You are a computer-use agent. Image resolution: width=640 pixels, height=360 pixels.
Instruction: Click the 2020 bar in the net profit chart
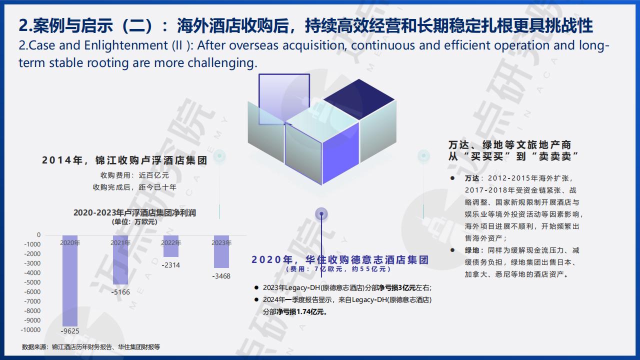[70, 280]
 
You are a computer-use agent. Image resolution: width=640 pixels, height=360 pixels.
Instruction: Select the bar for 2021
[120, 259]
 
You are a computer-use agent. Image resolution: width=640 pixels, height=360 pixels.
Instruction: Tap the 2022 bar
[171, 246]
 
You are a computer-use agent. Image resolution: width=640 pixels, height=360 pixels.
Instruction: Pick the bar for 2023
[221, 251]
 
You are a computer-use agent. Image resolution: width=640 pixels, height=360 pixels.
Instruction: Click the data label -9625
[70, 331]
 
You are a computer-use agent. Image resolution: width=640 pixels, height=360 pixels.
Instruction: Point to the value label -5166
[120, 292]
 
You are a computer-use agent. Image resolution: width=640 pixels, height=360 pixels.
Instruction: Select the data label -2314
[171, 265]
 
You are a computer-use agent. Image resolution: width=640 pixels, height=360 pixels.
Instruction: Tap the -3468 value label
[221, 276]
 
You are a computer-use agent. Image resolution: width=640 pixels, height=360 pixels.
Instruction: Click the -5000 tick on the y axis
[32, 282]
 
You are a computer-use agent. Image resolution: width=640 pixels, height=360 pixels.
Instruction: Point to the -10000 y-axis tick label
[30, 329]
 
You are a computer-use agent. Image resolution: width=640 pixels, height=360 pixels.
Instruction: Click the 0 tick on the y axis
[39, 235]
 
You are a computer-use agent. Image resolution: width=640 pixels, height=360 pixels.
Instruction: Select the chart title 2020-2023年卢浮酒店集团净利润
[134, 213]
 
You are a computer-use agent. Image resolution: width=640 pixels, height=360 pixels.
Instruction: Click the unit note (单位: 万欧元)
[134, 222]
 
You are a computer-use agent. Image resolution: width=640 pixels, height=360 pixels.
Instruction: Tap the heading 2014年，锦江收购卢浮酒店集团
[124, 160]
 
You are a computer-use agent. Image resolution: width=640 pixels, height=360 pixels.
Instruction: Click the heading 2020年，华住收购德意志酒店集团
[340, 259]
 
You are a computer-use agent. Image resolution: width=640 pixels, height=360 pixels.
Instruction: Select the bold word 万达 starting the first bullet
[472, 178]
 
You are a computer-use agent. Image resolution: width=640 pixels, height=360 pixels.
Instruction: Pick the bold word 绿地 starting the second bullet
[472, 250]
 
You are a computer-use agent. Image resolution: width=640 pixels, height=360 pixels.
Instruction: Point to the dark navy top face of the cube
[359, 99]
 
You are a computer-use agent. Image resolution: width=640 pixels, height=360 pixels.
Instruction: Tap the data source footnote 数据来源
[91, 347]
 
